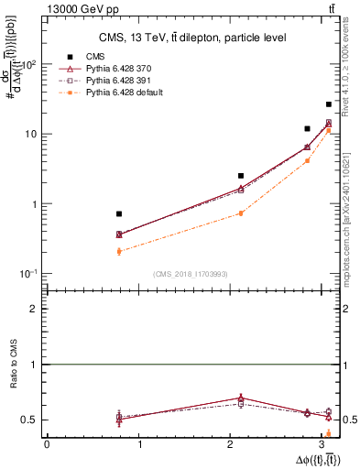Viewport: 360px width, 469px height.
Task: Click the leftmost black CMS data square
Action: click(x=119, y=213)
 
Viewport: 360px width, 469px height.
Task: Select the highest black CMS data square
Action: click(x=329, y=104)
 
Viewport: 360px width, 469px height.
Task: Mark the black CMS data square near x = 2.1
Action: click(x=241, y=175)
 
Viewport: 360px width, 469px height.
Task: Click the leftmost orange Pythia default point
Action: click(x=119, y=251)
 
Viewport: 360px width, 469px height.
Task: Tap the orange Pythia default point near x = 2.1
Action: click(x=241, y=213)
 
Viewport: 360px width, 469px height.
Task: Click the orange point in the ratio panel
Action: click(x=329, y=433)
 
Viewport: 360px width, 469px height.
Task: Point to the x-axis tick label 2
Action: click(x=234, y=445)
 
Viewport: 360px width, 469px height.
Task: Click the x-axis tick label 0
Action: click(x=47, y=445)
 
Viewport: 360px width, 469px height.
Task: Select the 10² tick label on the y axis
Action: click(x=29, y=64)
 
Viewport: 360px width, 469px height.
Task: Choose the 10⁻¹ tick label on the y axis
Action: click(x=29, y=274)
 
